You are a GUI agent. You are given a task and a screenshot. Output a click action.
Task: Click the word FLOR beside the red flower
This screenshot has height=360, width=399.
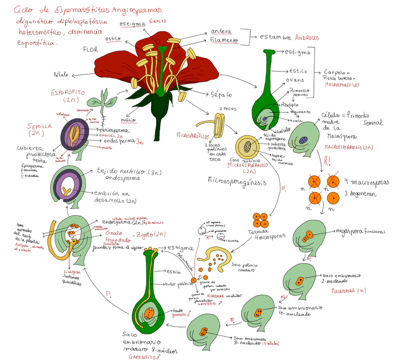90,49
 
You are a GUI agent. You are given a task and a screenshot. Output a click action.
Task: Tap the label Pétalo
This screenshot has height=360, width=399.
61,75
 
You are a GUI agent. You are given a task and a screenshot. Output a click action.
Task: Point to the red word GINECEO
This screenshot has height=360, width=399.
158,22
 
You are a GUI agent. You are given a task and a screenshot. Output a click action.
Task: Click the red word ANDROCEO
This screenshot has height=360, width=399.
306,37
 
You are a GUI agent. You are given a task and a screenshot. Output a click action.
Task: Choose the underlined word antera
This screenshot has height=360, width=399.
221,31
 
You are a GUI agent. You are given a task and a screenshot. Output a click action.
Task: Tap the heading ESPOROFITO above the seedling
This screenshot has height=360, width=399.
67,93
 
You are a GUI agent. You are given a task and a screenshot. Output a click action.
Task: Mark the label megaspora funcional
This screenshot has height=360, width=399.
360,232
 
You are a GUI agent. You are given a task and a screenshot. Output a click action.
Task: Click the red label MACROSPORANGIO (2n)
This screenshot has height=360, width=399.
349,147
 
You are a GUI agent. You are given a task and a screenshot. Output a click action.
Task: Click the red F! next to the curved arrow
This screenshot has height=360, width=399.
109,294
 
